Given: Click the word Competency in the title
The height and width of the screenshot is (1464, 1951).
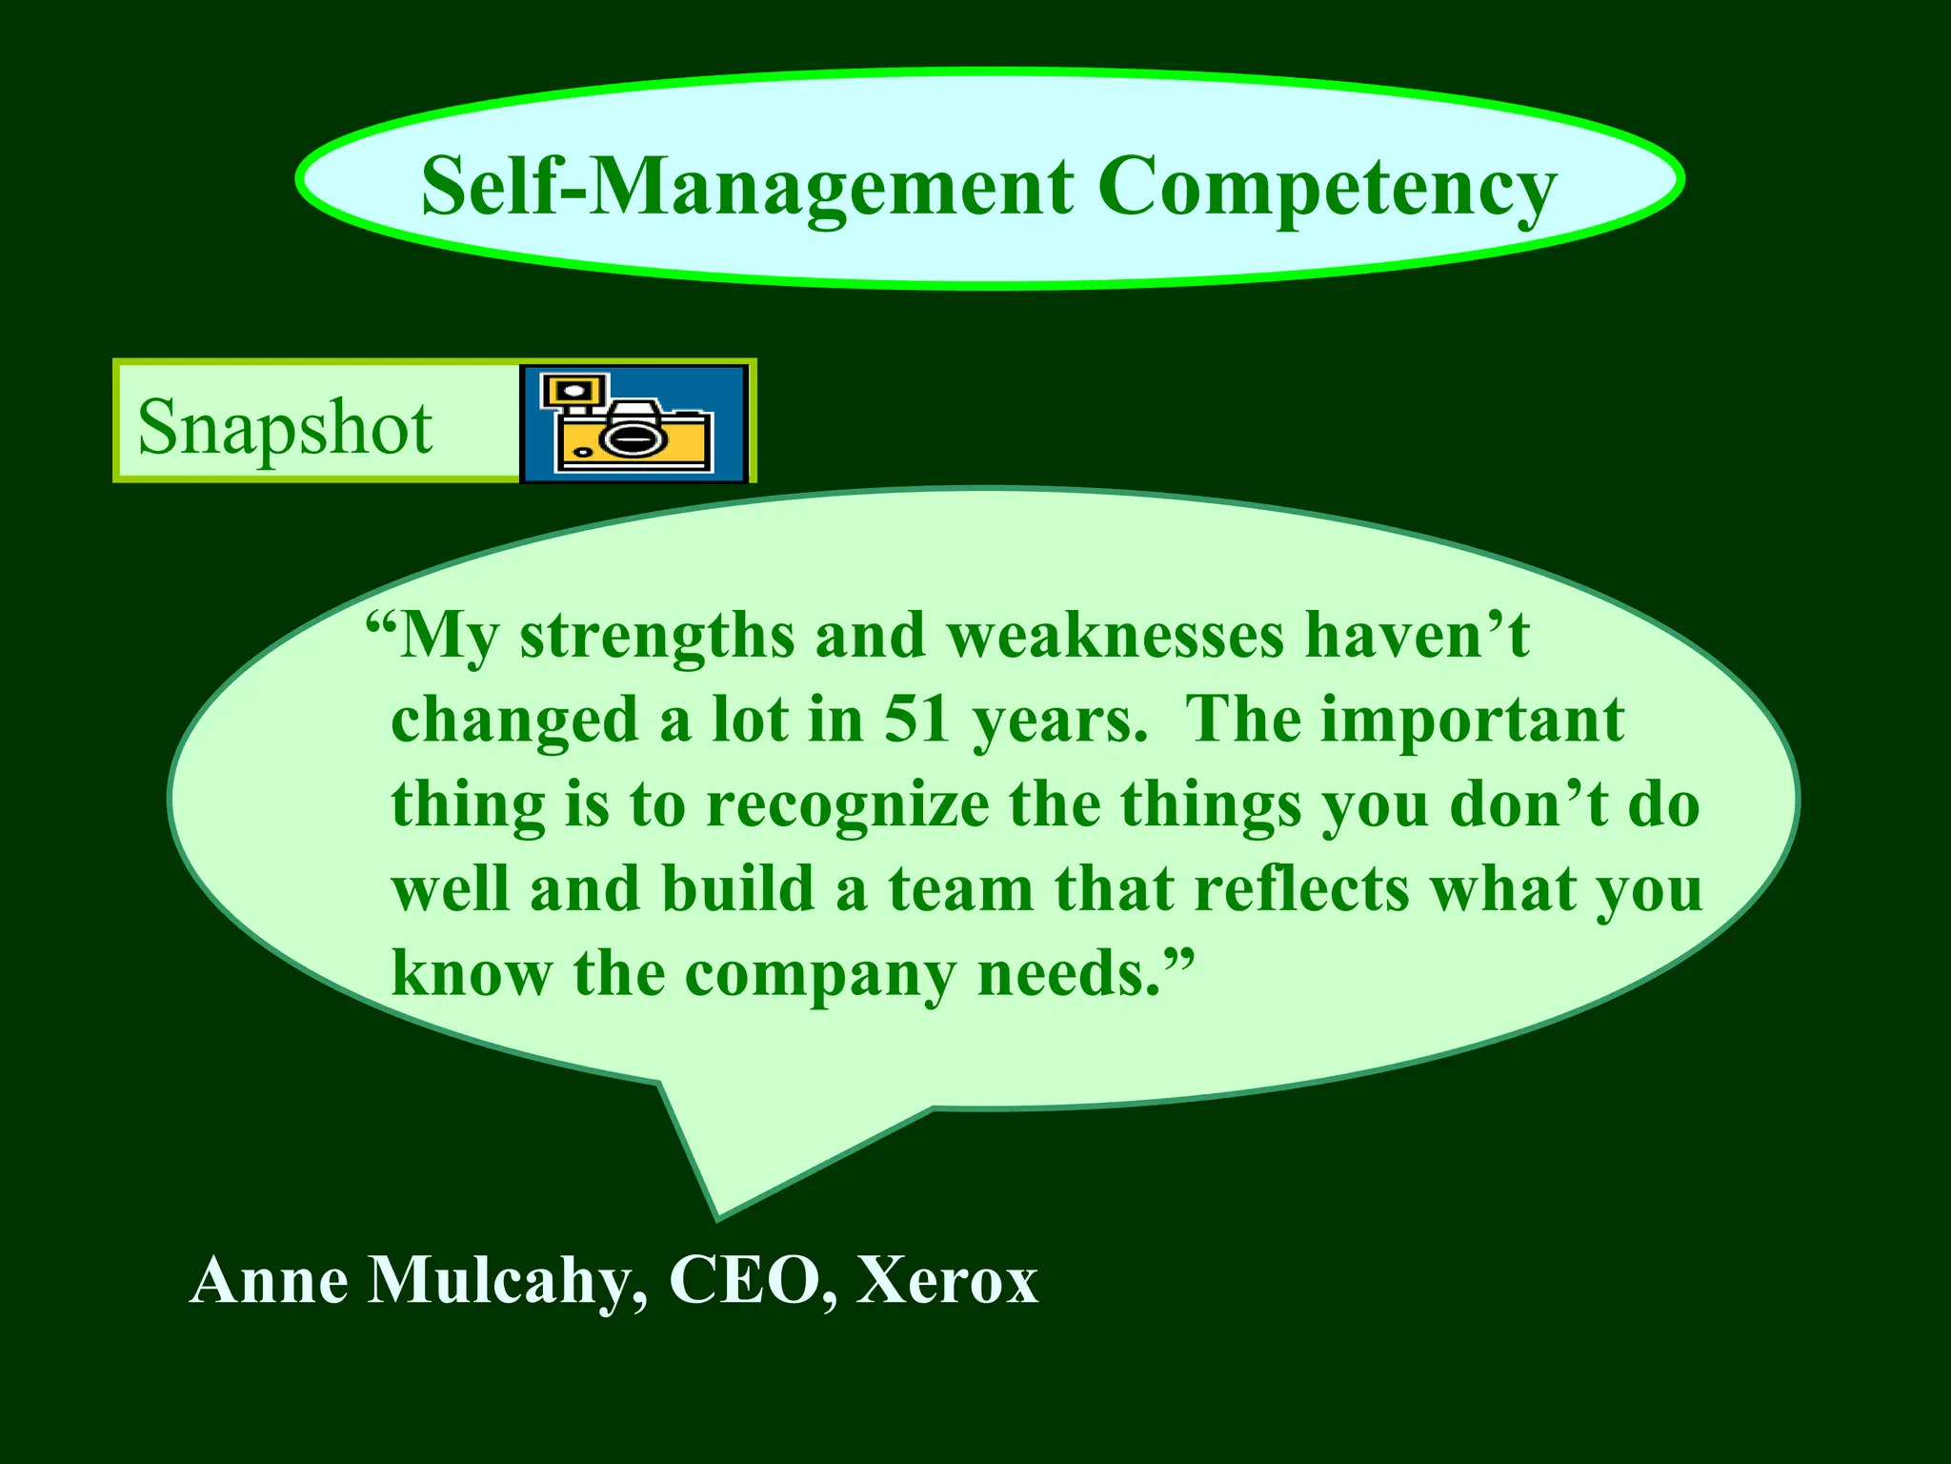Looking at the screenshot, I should click(1326, 188).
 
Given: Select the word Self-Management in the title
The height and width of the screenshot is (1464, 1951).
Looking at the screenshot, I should click(747, 188).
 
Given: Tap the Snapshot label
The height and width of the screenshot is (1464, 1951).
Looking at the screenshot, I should click(285, 428).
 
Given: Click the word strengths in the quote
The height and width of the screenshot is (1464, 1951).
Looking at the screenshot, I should click(656, 637).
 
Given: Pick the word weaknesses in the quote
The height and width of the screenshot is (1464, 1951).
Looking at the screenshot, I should click(1116, 636).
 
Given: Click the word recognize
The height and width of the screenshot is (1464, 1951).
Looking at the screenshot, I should click(848, 803).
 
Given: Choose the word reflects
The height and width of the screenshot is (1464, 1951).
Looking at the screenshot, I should click(1301, 888).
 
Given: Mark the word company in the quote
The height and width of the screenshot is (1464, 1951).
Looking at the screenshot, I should click(820, 974).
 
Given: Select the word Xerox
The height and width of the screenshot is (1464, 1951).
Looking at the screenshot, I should click(947, 1280).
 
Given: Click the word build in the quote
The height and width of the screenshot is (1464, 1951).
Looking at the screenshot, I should click(738, 888).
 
